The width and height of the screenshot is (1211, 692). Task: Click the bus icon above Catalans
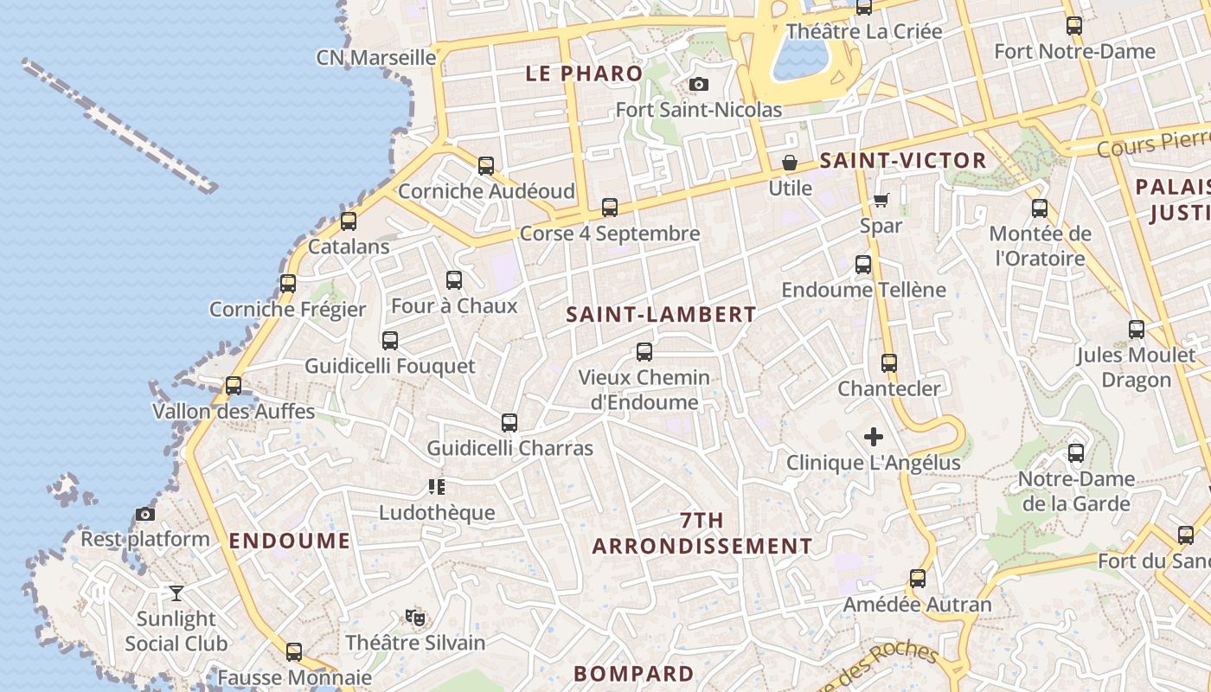point(349,221)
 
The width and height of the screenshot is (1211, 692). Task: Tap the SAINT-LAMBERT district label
point(661,315)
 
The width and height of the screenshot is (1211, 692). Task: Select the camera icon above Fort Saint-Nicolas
point(699,85)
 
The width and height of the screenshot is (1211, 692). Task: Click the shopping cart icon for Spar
point(881,201)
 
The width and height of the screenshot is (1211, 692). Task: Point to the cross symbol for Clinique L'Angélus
point(874,437)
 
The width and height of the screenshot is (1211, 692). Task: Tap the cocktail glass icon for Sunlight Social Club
point(176,593)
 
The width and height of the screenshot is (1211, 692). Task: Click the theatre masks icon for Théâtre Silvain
point(415,618)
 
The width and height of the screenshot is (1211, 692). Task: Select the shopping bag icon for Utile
point(790,163)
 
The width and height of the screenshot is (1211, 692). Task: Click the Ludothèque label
point(437,513)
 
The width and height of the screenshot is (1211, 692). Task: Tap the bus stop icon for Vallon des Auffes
point(234,386)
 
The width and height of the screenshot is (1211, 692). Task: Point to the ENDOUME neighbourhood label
point(290,541)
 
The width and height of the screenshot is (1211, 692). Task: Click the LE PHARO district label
point(584,74)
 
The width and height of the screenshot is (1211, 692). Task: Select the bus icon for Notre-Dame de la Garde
point(1076,453)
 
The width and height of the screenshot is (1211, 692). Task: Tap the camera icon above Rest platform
point(145,515)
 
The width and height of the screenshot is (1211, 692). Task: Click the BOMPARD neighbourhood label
point(634,674)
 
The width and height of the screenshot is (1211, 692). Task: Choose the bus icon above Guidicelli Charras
point(509,423)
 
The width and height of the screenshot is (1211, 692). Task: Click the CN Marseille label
point(376,58)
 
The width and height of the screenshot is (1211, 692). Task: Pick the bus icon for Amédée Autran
point(918,579)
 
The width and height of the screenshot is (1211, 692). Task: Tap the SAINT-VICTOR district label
point(902,161)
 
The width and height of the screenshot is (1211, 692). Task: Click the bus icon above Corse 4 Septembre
point(610,208)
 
